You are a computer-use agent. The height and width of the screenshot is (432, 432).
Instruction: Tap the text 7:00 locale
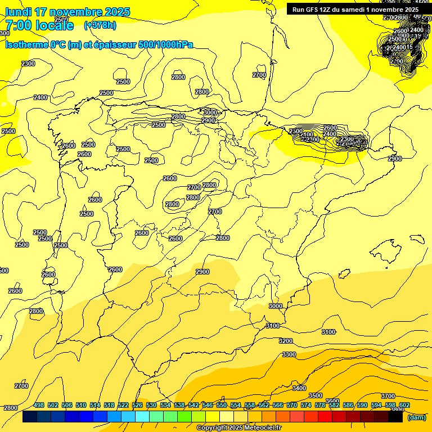[39, 25]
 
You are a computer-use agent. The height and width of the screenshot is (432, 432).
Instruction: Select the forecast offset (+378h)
[100, 25]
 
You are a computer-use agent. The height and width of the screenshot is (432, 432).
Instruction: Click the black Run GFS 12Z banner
[355, 9]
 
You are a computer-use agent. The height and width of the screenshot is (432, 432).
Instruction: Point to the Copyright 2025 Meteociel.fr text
[239, 427]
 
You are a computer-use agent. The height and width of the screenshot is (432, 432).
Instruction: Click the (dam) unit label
[417, 417]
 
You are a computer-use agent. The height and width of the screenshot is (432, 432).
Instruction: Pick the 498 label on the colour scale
[39, 405]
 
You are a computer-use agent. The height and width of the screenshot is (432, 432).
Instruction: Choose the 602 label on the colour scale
[404, 405]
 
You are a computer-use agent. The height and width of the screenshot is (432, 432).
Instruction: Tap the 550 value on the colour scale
[222, 405]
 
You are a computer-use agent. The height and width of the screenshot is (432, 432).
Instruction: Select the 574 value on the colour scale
[306, 405]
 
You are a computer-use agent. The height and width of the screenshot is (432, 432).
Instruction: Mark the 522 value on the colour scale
[123, 405]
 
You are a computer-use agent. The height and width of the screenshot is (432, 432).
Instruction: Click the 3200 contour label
[286, 341]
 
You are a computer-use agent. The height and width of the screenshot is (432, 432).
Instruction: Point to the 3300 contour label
[289, 354]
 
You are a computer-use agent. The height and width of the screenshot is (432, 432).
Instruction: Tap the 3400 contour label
[299, 388]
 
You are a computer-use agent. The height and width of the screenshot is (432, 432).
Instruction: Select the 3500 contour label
[316, 395]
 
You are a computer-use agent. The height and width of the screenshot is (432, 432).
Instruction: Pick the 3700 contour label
[388, 396]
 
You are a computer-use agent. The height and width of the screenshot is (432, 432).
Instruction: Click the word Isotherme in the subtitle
[27, 45]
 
